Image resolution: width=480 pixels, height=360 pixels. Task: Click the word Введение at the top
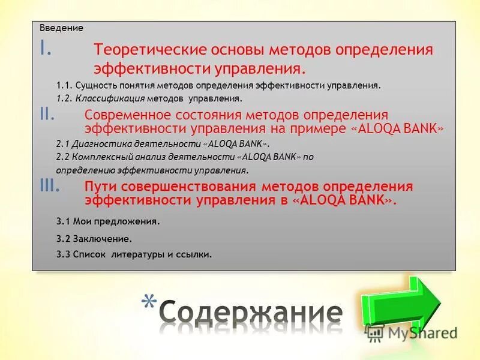click(x=61, y=28)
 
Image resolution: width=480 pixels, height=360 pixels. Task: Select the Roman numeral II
click(x=47, y=115)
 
